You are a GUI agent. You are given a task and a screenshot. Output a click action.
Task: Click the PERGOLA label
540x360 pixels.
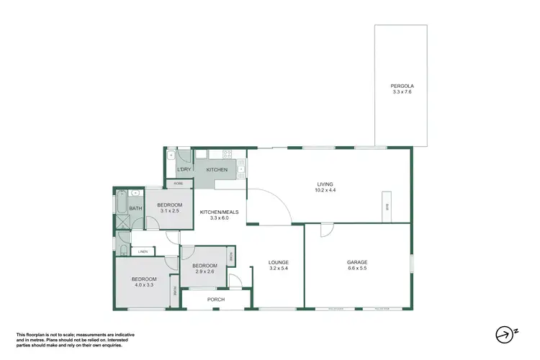402,86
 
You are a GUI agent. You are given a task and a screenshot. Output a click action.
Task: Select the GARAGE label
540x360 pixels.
357,262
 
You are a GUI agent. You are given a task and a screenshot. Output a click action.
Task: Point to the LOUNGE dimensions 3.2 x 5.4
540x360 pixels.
278,269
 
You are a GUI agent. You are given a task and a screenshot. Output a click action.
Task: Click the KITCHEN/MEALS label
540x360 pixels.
214,211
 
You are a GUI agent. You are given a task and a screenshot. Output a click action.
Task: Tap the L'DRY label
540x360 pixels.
184,170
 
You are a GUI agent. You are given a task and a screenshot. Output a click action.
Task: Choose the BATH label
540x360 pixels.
135,210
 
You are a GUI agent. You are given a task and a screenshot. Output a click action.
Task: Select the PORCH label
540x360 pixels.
216,299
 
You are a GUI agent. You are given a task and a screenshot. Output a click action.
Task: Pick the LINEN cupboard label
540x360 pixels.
143,251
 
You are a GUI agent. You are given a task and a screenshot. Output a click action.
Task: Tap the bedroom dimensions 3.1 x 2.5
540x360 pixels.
170,211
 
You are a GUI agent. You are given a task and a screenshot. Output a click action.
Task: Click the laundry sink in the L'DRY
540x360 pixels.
171,156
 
